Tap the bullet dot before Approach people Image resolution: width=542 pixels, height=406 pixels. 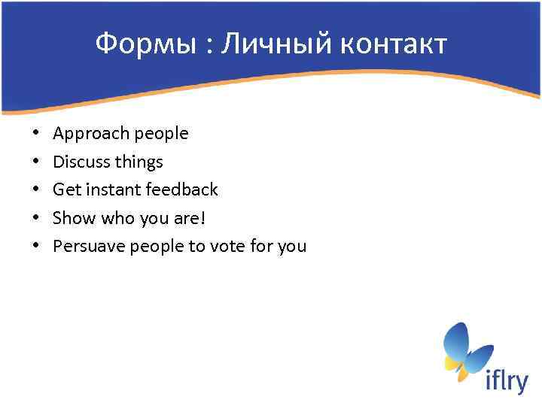coord(36,134)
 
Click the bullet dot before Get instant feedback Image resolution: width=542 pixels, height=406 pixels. coord(36,189)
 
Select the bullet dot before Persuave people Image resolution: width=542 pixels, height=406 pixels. coord(36,246)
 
